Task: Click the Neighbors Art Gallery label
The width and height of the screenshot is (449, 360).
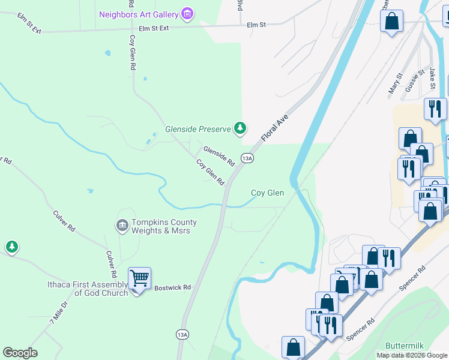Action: tap(139, 14)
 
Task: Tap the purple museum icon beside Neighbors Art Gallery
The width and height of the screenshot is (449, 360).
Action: tap(187, 13)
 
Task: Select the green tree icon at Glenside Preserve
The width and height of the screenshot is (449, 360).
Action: tap(240, 128)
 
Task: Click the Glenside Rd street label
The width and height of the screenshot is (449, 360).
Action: tap(218, 156)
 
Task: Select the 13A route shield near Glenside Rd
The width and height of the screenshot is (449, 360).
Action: tap(247, 158)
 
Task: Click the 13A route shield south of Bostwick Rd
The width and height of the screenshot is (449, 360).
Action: tap(183, 334)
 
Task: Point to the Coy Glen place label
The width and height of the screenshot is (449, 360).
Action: tap(267, 193)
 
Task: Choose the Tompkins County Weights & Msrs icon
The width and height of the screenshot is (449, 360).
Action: tap(122, 226)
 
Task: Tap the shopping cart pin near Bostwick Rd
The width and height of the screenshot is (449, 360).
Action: tap(139, 278)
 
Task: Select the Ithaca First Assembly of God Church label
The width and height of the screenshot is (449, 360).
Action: tap(88, 289)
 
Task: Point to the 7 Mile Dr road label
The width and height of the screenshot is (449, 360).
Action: tap(60, 313)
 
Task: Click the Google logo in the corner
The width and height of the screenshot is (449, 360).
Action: tap(20, 353)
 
